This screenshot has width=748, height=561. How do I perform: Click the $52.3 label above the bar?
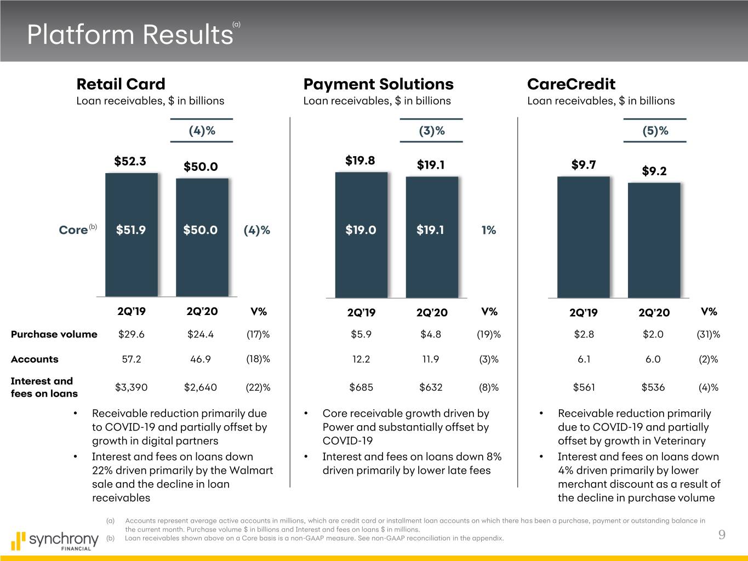130,161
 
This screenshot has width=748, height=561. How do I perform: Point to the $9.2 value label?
654,171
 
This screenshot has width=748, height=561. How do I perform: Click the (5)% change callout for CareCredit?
655,131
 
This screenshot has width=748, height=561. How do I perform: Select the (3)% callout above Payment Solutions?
431,131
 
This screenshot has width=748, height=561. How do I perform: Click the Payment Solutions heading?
378,84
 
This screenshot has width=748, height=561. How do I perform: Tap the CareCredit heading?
571,84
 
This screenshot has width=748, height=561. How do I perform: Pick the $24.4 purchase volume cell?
200,334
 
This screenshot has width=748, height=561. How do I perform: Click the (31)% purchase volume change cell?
708,334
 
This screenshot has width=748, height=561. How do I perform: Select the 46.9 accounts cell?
200,359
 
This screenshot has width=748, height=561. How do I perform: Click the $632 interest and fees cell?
431,387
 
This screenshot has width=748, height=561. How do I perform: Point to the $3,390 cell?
131,387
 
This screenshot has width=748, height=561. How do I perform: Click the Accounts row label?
35,359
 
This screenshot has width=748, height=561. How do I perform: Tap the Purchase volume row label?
54,334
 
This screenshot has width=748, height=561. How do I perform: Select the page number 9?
722,535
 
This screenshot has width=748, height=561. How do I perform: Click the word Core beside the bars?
73,230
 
